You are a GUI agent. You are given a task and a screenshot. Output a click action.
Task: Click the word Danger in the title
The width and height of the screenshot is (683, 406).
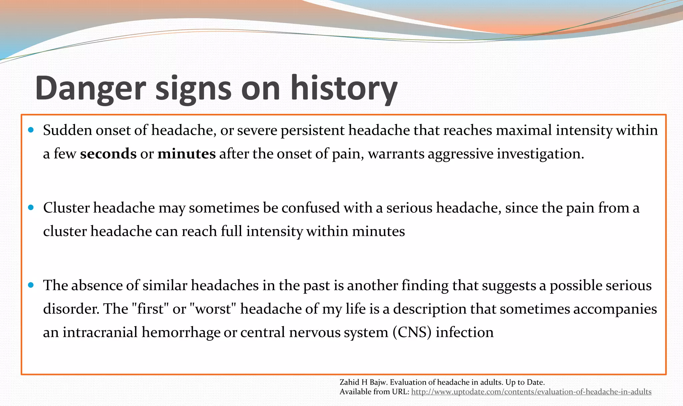pos(90,89)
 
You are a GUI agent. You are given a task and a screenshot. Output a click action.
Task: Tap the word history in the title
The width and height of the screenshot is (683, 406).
pos(344,89)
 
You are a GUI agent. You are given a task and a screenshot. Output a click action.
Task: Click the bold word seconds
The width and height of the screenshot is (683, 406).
pos(108,154)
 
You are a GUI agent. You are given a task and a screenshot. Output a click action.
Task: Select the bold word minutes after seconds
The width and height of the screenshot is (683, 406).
pos(186,154)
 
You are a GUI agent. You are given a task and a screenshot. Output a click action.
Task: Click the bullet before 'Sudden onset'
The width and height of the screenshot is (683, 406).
pos(31,130)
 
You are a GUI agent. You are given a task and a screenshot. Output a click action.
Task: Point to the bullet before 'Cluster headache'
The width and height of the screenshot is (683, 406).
pos(31,207)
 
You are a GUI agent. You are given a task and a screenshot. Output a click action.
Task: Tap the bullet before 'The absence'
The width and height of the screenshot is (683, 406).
pos(31,285)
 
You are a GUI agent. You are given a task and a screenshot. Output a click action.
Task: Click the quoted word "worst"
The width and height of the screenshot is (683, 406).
pos(212,309)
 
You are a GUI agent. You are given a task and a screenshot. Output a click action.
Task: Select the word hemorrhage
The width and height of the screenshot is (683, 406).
pos(180,332)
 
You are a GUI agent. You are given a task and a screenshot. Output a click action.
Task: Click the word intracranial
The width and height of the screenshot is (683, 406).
pos(100,332)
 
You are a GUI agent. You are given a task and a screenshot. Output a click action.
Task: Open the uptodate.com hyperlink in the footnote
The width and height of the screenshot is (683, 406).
pos(531,392)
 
